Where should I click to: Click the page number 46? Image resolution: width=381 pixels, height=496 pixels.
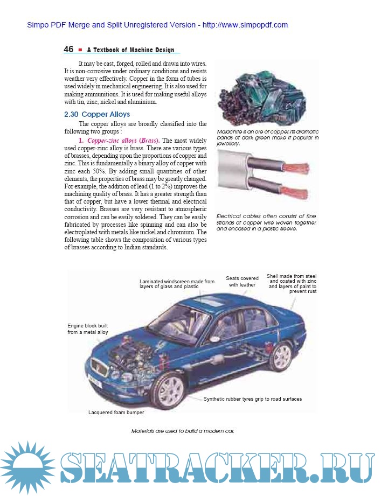click(68, 50)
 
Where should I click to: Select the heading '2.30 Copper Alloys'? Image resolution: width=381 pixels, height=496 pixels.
click(97, 115)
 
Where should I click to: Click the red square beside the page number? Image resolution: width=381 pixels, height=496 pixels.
click(80, 50)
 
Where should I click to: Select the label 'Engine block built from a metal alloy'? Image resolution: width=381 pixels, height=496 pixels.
click(88, 329)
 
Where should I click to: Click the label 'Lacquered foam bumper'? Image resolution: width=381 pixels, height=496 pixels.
click(116, 413)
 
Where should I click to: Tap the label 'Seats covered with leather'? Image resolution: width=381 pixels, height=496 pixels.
click(242, 282)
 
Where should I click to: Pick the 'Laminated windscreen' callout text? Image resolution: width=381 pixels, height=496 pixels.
click(177, 284)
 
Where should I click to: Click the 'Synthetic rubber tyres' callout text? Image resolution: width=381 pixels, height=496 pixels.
click(252, 399)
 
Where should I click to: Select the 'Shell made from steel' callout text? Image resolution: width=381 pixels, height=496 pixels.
click(292, 284)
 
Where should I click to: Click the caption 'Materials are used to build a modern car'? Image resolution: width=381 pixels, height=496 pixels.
click(183, 431)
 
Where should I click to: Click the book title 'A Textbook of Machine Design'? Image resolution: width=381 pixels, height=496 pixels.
click(130, 50)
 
